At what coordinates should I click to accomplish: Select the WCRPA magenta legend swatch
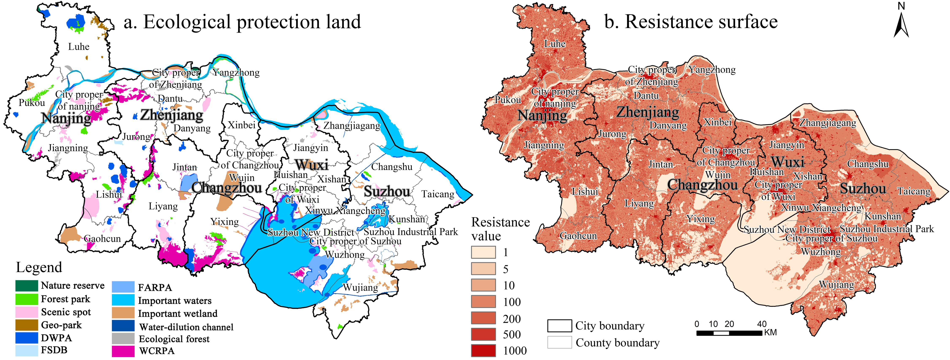coord(123,351)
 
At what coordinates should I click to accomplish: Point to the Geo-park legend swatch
coord(27,325)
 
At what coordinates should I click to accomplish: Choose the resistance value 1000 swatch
coord(483,350)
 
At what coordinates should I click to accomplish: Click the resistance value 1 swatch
coord(483,252)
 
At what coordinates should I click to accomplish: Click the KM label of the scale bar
coord(770,333)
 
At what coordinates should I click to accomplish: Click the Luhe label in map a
coord(78,47)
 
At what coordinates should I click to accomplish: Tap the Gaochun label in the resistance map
coord(578,236)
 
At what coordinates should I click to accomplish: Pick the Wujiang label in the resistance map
coord(836,285)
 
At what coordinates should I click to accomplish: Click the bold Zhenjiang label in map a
coord(172,115)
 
